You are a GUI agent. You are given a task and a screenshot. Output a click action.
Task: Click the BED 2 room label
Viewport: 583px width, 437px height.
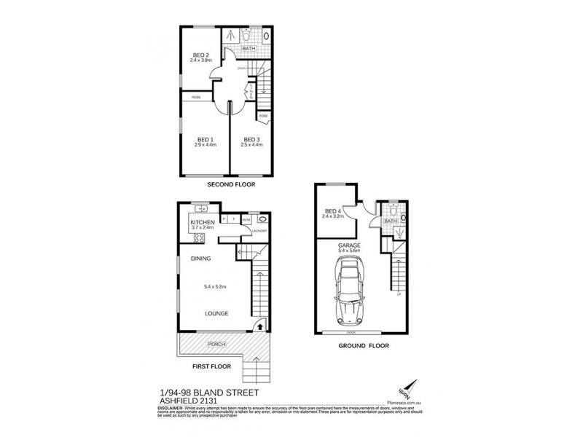[x=201, y=55]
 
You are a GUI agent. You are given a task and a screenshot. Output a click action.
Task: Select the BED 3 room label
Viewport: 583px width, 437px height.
[x=251, y=140]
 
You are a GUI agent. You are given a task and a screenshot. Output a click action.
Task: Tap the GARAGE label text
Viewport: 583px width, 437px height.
[x=349, y=245]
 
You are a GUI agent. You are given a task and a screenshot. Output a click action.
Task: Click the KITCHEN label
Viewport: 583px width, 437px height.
[x=202, y=222]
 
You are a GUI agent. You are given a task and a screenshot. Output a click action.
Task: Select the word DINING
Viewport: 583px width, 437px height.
[x=201, y=259]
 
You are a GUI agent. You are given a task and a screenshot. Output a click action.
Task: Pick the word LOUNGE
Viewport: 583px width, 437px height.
[x=216, y=313]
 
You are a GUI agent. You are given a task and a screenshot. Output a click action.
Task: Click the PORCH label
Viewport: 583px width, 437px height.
[x=216, y=344]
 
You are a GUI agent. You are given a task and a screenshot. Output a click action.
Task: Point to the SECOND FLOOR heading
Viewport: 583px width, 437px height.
[x=231, y=185]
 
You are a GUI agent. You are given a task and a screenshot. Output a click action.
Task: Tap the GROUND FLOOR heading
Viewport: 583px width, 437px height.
[x=364, y=346]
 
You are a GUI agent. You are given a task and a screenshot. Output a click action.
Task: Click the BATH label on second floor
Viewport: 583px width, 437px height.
[x=249, y=49]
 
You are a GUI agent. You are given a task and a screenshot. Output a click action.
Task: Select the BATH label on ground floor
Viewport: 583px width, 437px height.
[x=390, y=221]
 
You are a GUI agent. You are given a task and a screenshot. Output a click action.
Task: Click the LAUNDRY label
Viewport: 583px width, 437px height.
[x=259, y=232]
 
